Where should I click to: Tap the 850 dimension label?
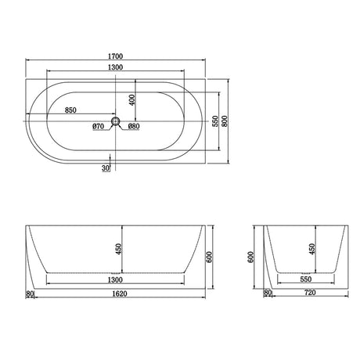70,110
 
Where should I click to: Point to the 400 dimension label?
132,100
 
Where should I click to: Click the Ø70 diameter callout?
99,126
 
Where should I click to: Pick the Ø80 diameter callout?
134,126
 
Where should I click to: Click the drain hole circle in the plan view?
116,121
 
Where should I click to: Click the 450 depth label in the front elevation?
118,249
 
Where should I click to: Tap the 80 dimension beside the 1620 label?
31,295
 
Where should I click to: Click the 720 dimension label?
311,295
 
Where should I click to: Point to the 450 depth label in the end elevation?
312,249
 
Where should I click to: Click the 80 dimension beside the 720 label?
268,295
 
